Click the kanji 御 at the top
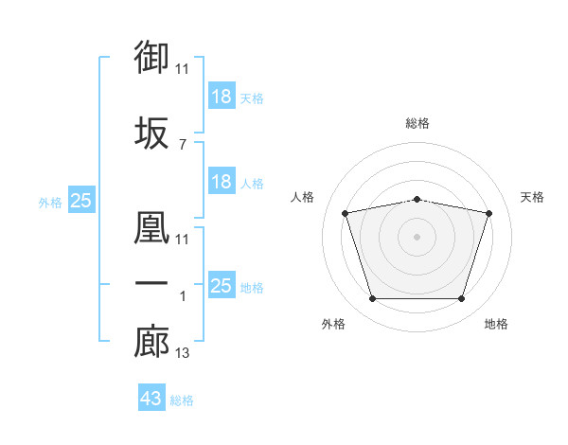152,59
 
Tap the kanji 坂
152,133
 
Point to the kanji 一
152,285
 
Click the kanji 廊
152,343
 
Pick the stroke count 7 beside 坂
182,144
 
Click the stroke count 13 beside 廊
183,354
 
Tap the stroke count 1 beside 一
182,296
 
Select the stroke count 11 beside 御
183,69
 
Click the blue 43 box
151,399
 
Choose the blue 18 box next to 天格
222,97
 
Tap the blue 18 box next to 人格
222,182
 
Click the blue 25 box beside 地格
222,286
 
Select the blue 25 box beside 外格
80,201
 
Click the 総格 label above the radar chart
417,123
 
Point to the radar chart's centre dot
417,236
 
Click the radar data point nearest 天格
488,213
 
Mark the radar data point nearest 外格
373,299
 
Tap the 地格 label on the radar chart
496,325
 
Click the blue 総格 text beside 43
182,400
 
